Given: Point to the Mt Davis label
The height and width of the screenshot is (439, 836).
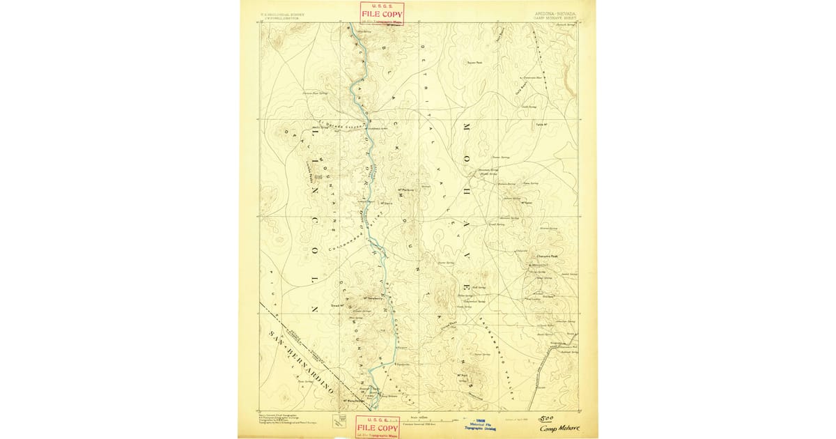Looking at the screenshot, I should (x=387, y=203).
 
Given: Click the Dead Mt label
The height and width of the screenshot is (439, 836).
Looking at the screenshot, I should (x=338, y=305).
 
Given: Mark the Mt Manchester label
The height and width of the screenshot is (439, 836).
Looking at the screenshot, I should (x=355, y=400).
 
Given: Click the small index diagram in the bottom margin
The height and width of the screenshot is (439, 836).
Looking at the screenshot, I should (x=342, y=420).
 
